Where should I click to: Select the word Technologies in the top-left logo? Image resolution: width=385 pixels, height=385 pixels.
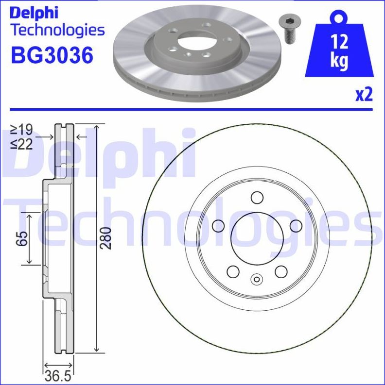click(57, 30)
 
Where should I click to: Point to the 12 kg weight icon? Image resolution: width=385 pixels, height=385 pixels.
click(339, 49)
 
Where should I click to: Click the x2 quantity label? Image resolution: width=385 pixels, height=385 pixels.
click(364, 94)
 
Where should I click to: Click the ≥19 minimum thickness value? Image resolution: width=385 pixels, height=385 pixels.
click(21, 130)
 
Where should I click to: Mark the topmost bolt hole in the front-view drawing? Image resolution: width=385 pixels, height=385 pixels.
click(257, 197)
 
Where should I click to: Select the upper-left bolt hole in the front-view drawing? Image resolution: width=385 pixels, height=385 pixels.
click(218, 225)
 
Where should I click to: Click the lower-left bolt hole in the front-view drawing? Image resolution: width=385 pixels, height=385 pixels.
click(233, 271)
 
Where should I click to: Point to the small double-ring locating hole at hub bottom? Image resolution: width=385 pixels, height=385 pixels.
click(257, 279)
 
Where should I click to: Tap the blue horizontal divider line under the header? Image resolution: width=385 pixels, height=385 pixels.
click(192, 109)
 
